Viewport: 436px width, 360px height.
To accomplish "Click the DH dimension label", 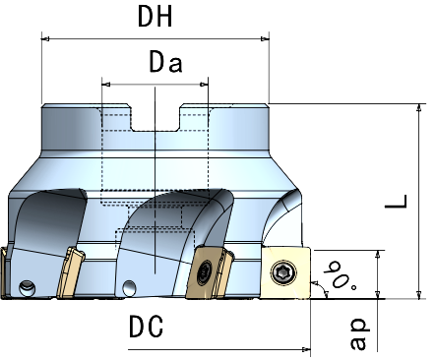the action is click(x=155, y=17).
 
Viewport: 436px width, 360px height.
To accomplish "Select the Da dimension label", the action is click(x=165, y=62).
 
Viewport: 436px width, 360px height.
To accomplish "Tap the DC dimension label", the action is click(x=146, y=327).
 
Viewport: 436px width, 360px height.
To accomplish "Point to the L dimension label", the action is click(x=397, y=202).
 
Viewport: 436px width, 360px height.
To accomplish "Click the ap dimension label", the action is click(x=358, y=333).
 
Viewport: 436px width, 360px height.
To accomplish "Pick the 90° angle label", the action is click(x=341, y=275).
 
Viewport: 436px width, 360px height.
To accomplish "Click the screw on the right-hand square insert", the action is click(x=284, y=272).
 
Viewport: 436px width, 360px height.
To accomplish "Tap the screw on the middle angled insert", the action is click(x=205, y=271).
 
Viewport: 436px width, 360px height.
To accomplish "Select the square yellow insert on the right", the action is click(x=285, y=272).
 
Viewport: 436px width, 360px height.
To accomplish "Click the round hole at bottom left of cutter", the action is click(x=27, y=288).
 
